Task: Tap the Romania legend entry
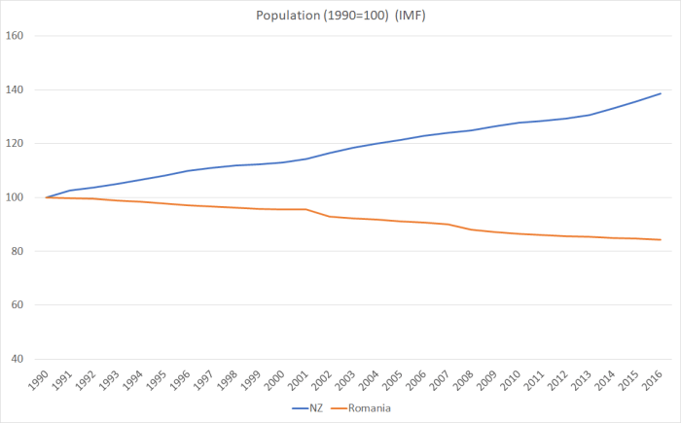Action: click(370, 408)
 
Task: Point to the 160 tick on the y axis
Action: click(15, 36)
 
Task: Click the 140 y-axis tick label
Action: click(15, 90)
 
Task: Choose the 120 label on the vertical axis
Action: click(15, 144)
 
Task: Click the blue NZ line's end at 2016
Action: click(662, 93)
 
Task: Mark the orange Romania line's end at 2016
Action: click(662, 239)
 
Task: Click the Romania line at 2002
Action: click(332, 216)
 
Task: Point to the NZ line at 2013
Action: click(590, 115)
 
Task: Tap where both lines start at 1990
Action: click(47, 197)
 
